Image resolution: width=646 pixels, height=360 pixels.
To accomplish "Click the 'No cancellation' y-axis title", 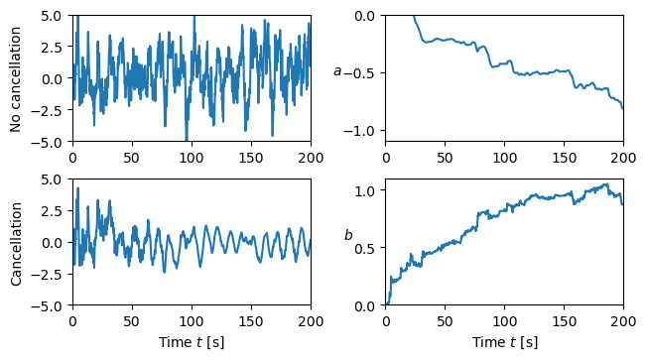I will point(16,78).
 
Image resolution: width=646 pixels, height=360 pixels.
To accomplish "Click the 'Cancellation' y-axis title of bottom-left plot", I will point(16,242).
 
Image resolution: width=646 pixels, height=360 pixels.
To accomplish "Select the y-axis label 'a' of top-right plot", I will point(337,71).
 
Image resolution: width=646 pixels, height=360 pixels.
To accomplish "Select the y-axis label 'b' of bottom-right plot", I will point(348,235).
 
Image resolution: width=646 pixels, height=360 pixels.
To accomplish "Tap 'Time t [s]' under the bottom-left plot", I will point(192,342).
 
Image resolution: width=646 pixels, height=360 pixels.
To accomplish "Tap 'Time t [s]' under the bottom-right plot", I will point(505,342).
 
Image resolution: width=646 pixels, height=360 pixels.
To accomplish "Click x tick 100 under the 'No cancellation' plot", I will point(192,157).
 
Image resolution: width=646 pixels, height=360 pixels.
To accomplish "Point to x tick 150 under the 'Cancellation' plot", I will point(251,320).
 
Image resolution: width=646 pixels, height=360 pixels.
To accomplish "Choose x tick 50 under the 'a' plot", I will point(446,157).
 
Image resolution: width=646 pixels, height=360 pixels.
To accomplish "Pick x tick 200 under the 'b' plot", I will point(623,320).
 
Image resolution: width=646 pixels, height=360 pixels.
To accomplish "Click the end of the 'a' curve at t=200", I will point(623,107).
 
